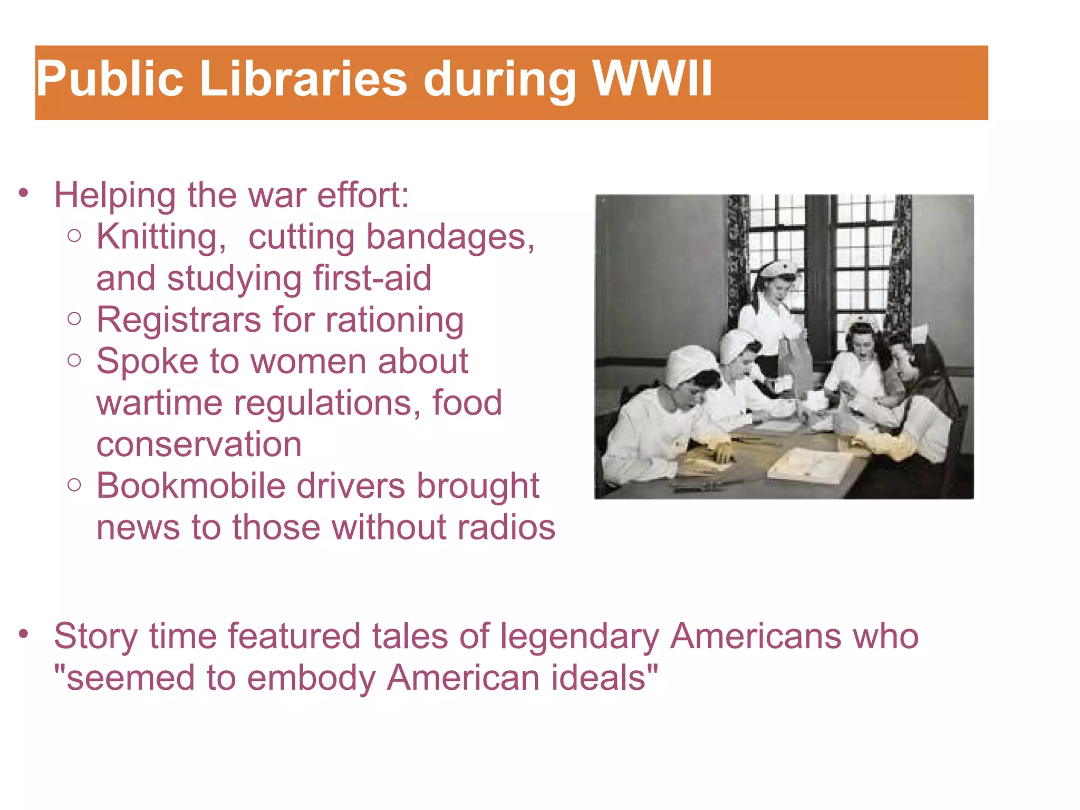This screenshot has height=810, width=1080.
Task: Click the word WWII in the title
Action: coord(652,79)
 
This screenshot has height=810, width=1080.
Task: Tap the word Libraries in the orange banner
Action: coord(304,79)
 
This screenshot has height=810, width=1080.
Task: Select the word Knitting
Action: coord(161,237)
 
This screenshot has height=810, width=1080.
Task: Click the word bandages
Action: coord(451,237)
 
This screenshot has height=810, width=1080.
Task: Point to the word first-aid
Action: coord(372,278)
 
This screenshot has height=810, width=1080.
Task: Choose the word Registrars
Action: coord(179,320)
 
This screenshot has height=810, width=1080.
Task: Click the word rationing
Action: coord(395,320)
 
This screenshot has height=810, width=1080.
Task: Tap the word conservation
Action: coord(199,445)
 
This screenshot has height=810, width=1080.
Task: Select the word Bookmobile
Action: coord(191,486)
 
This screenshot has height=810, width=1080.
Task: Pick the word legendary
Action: coord(580,637)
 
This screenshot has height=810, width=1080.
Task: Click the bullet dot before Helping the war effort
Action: coord(23,194)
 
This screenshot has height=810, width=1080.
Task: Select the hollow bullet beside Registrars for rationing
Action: coord(75,319)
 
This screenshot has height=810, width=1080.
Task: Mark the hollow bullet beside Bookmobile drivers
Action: coord(75,485)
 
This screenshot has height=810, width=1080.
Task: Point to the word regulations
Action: coord(327,403)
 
